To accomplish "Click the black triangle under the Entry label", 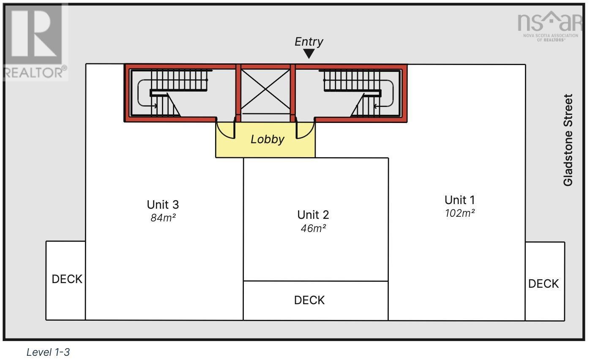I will coord(309,54).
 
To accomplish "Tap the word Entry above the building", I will coord(309,41).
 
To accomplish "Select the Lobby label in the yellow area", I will coord(267,139).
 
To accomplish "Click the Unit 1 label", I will coord(460,200).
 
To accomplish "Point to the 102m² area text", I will coord(460,213).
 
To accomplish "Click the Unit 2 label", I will coord(313,215).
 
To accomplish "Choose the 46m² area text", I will coord(313,228).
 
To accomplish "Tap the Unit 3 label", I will coord(163,205).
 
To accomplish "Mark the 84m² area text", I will coord(163,218).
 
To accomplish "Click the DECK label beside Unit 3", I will coord(67,279).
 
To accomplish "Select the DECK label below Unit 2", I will coord(309,300).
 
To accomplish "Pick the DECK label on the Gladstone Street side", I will coord(544,284).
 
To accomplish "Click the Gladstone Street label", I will coord(568,140).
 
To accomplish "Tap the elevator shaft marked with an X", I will coord(265,89).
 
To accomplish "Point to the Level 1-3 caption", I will coord(48,352).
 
